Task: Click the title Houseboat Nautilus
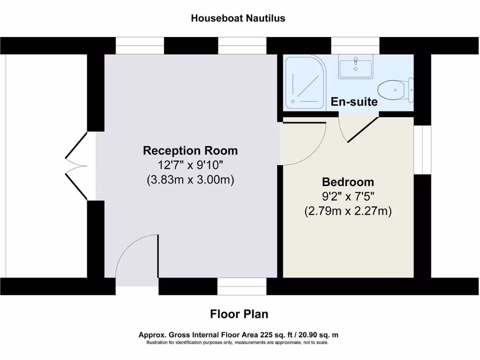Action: tap(238, 18)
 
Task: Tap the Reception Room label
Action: tap(190, 150)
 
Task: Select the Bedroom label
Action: tap(347, 182)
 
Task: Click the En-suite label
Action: tap(354, 101)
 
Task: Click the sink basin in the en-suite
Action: tap(356, 66)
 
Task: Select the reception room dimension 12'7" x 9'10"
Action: tap(190, 165)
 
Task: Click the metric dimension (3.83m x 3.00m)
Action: tap(190, 180)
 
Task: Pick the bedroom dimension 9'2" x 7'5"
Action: tap(347, 197)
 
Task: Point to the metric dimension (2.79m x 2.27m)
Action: tap(347, 211)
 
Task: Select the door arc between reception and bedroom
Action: tap(305, 143)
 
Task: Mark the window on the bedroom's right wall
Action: tap(422, 150)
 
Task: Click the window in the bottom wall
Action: tap(242, 286)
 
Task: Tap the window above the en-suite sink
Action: tap(355, 45)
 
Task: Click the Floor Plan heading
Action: tap(239, 314)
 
